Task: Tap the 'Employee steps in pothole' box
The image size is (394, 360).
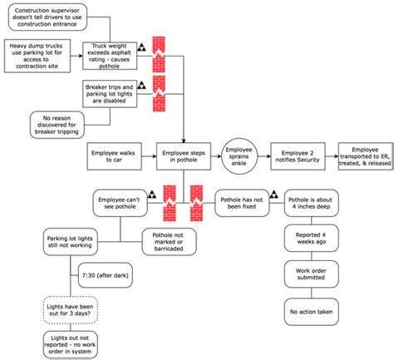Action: pyautogui.click(x=182, y=155)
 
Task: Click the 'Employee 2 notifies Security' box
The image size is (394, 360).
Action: pyautogui.click(x=297, y=155)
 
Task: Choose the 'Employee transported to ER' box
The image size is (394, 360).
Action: pyautogui.click(x=364, y=155)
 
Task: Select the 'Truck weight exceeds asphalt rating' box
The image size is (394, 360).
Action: pyautogui.click(x=109, y=52)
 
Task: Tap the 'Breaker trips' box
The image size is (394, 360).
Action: pyautogui.click(x=109, y=92)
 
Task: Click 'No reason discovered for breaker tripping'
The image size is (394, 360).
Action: pyautogui.click(x=62, y=124)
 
